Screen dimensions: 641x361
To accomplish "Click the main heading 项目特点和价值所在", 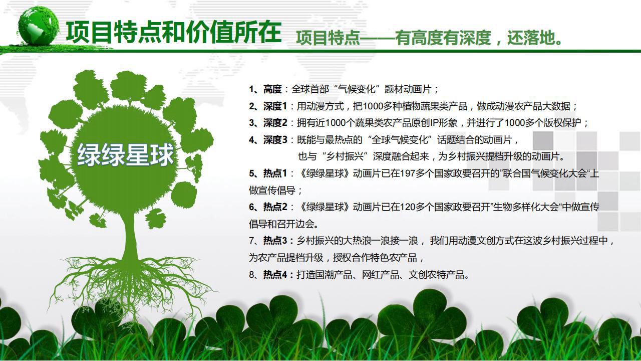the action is tap(174, 32).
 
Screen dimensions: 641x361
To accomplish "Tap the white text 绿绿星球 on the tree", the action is tap(125, 155).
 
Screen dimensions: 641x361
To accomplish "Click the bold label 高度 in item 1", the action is tap(272, 89).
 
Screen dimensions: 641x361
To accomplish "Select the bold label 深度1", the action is tap(275, 106).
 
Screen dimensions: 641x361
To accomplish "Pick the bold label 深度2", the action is tap(275, 123).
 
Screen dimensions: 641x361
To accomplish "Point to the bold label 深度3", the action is tap(275, 140).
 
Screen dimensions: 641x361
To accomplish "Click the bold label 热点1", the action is tap(275, 173).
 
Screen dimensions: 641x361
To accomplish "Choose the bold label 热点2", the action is tap(275, 207).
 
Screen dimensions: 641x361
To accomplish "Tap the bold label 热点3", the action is tap(275, 241).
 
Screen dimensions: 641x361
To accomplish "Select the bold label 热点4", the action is tap(275, 274).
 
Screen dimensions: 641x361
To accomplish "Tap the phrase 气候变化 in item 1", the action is tap(357, 89).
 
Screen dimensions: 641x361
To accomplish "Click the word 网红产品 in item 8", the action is tap(380, 274).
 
